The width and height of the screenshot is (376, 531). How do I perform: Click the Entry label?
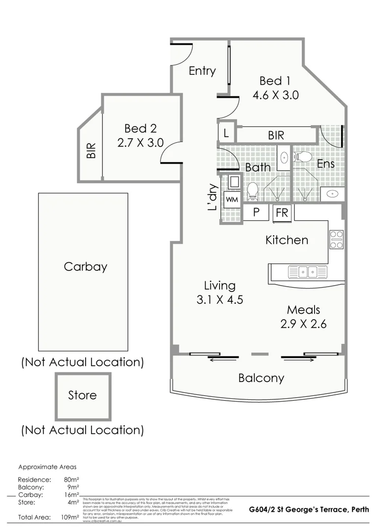(x=202, y=71)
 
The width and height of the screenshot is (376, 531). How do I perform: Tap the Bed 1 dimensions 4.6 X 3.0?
(x=276, y=95)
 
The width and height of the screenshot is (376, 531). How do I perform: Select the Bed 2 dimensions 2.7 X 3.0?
(x=140, y=143)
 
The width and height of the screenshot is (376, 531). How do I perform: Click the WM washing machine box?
(x=231, y=200)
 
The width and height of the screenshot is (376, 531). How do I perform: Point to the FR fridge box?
(x=282, y=213)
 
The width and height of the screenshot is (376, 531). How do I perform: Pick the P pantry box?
(x=256, y=213)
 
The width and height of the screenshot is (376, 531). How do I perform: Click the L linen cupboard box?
(x=226, y=133)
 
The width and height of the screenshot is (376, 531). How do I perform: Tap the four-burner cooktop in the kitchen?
(x=337, y=239)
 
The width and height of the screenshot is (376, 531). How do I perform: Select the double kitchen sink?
(x=308, y=271)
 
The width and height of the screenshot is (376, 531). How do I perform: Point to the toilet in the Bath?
(x=252, y=191)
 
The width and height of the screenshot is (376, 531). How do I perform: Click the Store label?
(x=82, y=395)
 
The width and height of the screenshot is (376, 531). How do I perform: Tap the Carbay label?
(x=85, y=267)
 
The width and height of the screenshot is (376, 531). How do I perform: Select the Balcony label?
(x=261, y=378)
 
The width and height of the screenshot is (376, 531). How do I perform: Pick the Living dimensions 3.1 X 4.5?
(x=220, y=299)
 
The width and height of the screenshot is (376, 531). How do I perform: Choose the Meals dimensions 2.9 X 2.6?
(x=304, y=324)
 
